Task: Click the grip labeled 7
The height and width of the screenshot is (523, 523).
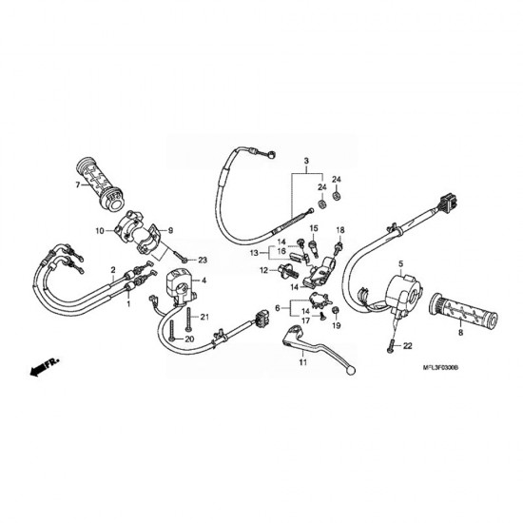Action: point(100,184)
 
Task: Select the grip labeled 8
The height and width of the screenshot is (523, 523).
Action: point(464,311)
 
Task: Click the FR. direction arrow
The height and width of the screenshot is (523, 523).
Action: point(45,366)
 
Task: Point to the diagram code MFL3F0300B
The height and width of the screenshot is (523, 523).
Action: point(440,368)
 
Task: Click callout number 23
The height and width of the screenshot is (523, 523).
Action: point(203,261)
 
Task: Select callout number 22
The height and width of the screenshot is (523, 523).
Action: point(408,346)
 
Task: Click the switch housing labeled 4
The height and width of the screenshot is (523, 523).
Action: point(181,287)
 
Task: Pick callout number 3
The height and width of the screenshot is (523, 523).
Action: point(306,161)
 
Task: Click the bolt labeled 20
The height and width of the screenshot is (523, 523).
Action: point(172,330)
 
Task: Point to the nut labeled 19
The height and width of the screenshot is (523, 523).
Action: point(336,311)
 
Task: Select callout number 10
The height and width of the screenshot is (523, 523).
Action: point(100,230)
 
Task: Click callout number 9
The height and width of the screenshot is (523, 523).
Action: point(170,230)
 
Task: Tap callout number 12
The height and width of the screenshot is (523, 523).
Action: point(263,270)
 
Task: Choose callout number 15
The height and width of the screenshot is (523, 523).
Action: point(314,228)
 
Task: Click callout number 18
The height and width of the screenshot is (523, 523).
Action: point(340,230)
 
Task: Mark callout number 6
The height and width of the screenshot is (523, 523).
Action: point(278,308)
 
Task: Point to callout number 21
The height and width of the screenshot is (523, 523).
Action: point(204,317)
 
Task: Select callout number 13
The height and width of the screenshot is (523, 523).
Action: point(254,253)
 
